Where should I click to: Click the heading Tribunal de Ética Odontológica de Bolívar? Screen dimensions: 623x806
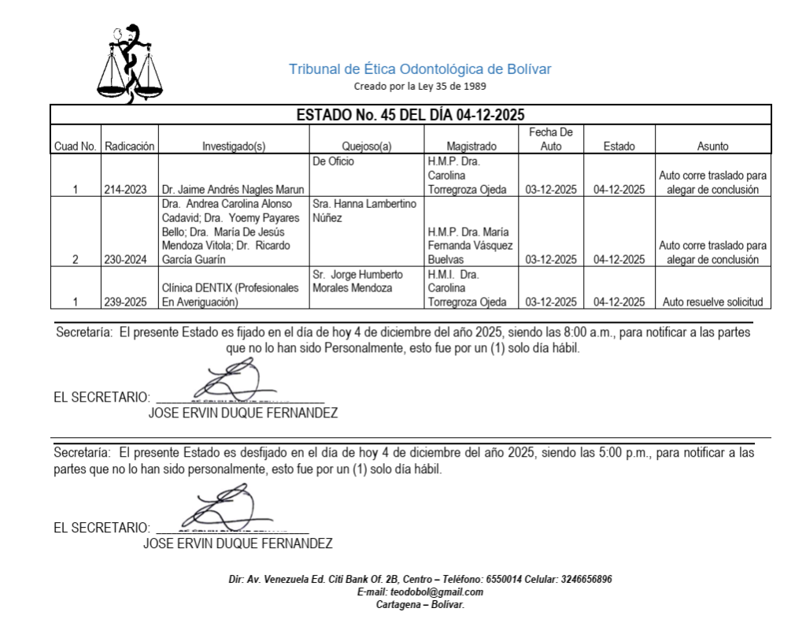pyautogui.click(x=420, y=69)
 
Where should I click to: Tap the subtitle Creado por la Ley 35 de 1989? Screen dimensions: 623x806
pyautogui.click(x=420, y=85)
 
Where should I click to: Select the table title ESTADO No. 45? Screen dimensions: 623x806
pyautogui.click(x=410, y=114)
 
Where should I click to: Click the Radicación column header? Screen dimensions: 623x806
pyautogui.click(x=131, y=146)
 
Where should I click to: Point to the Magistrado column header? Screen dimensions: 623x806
pyautogui.click(x=469, y=146)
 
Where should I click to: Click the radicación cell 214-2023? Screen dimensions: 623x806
pyautogui.click(x=131, y=189)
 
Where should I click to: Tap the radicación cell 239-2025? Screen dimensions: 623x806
pyautogui.click(x=131, y=301)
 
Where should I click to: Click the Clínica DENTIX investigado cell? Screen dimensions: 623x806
pyautogui.click(x=233, y=294)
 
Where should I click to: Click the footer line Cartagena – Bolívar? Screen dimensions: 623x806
pyautogui.click(x=420, y=604)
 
